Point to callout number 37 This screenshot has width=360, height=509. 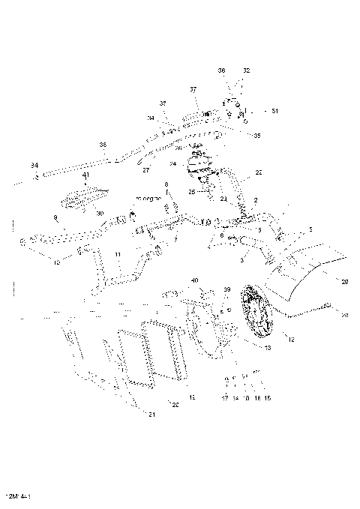[193, 89]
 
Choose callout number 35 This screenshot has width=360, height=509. [257, 136]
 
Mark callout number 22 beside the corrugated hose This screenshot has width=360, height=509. [259, 172]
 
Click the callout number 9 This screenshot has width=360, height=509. [55, 218]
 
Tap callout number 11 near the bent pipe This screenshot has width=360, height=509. [117, 256]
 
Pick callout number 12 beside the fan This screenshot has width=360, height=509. [291, 340]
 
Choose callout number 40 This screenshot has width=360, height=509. [194, 280]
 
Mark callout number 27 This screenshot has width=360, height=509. [145, 170]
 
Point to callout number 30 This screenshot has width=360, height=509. [100, 213]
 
